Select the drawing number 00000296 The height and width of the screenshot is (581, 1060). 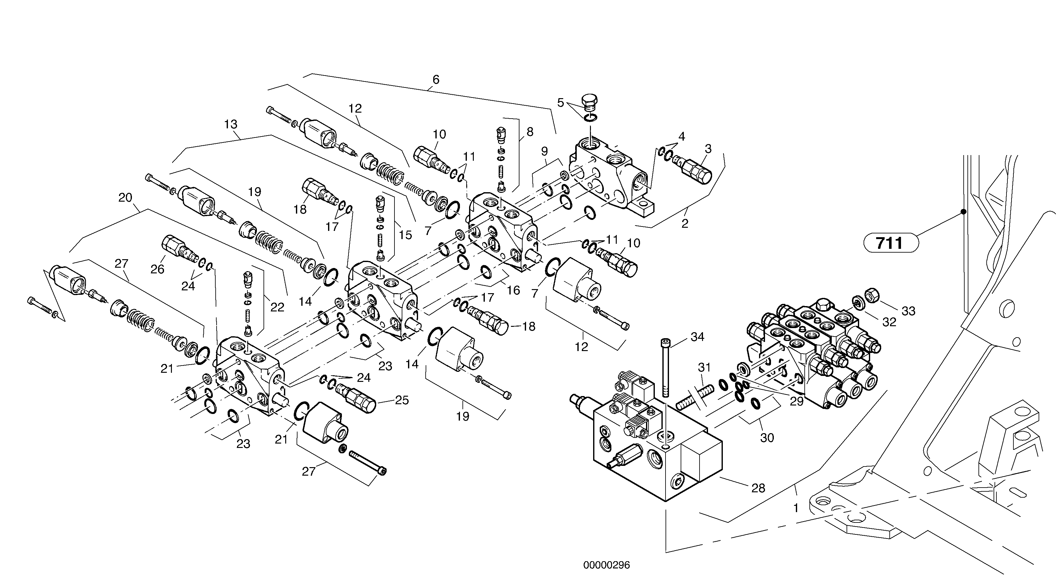pos(606,565)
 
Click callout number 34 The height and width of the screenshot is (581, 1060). pos(697,337)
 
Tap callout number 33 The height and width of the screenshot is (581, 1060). pos(908,311)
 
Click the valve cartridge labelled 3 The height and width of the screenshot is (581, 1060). pos(695,169)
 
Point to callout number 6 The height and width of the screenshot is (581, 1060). pos(436,79)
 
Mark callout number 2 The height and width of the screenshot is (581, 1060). pos(685,224)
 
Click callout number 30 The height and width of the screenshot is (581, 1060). pos(767,438)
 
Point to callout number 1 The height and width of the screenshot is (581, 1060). pos(796,508)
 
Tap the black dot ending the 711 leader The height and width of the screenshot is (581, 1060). pos(963,212)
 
